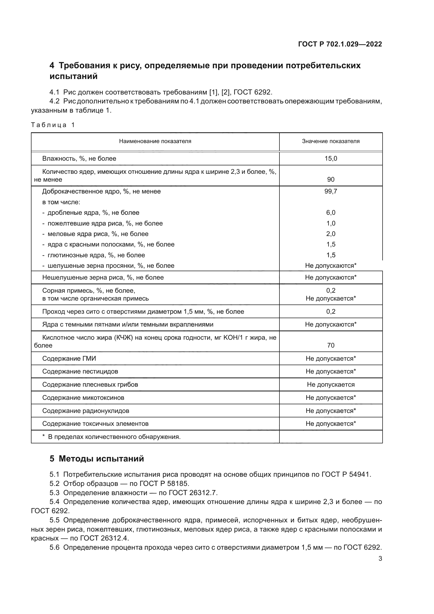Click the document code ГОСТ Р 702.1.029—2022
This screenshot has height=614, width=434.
tap(340, 44)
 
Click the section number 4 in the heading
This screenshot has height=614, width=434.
tap(52, 66)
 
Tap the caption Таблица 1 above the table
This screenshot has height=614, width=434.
tap(53, 125)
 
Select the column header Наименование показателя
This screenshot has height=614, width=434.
tap(155, 141)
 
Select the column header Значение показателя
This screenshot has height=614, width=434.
tap(331, 141)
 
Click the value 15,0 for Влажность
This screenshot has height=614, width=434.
tap(331, 159)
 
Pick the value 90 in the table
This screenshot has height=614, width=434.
tap(331, 180)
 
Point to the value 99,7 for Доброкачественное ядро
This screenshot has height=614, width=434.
tap(331, 191)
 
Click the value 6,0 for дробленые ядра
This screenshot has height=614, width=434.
tap(331, 213)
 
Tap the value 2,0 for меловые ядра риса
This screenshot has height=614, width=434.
tap(331, 234)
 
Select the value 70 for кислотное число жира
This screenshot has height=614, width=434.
tap(331, 345)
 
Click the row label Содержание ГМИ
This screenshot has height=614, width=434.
tap(69, 358)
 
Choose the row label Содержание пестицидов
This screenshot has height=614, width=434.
tap(80, 371)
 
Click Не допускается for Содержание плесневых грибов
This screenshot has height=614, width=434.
tap(331, 385)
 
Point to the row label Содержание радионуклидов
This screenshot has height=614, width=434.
tap(86, 411)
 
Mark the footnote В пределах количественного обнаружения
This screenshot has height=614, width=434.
tap(114, 437)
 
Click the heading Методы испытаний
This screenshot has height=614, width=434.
tap(101, 459)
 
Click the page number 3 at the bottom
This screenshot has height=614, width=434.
tap(380, 559)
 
